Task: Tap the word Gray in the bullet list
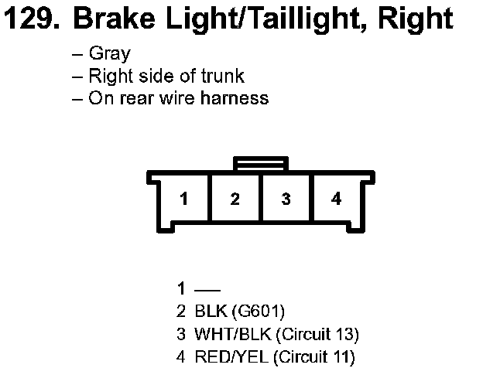click(109, 54)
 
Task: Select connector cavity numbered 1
click(183, 199)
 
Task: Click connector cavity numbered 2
click(235, 199)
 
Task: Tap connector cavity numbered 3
click(286, 199)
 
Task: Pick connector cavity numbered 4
click(336, 199)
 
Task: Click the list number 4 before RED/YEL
click(180, 357)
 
